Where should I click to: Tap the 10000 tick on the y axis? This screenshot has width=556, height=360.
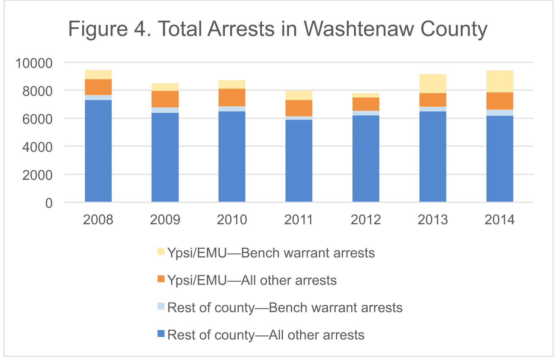click(34, 63)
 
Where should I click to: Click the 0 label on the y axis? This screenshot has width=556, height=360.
click(49, 203)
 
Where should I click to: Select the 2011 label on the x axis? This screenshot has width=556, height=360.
click(299, 220)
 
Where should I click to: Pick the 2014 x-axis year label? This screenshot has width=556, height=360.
click(499, 220)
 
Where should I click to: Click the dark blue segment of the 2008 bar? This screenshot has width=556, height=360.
click(98, 151)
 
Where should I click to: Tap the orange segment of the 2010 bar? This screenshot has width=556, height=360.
click(232, 97)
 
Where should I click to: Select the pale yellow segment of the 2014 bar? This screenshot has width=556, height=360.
click(499, 81)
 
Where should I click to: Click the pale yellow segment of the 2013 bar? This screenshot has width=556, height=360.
click(433, 83)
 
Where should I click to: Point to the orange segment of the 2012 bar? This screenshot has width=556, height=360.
click(366, 104)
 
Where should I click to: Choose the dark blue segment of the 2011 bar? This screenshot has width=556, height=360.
click(299, 161)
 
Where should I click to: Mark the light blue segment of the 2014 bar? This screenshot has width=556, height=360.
click(499, 113)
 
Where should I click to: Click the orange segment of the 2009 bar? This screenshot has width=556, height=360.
click(165, 99)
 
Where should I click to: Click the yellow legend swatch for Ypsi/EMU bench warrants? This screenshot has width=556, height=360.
click(161, 252)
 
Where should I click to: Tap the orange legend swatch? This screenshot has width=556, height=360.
click(161, 279)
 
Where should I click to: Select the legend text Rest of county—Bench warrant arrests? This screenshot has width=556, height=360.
click(285, 308)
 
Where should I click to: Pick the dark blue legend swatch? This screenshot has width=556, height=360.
click(161, 334)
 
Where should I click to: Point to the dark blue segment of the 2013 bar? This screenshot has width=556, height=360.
click(433, 157)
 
